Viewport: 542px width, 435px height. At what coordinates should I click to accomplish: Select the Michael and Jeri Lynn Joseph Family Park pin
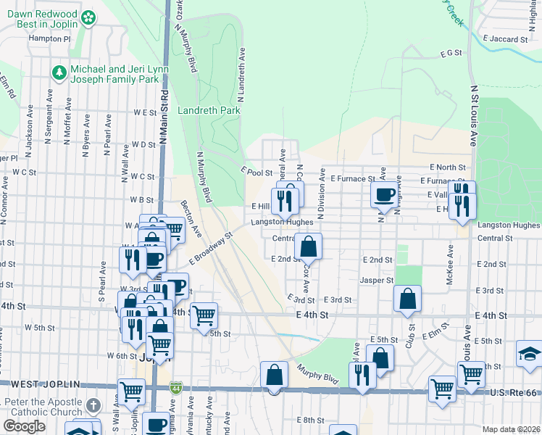click(58, 72)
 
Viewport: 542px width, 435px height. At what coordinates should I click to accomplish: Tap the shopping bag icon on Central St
click(309, 246)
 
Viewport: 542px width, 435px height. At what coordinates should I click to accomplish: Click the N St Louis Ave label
click(475, 116)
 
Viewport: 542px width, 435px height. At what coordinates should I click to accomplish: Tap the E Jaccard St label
click(504, 38)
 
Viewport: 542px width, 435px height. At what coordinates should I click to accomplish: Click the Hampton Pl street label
click(50, 38)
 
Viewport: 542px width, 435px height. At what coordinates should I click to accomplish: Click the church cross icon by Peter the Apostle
click(93, 406)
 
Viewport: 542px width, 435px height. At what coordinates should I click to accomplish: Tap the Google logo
click(25, 426)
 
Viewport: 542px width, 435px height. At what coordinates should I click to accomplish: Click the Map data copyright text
click(510, 429)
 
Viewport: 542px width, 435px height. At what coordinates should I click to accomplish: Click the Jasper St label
click(376, 280)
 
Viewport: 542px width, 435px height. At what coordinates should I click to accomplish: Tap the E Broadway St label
click(211, 249)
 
